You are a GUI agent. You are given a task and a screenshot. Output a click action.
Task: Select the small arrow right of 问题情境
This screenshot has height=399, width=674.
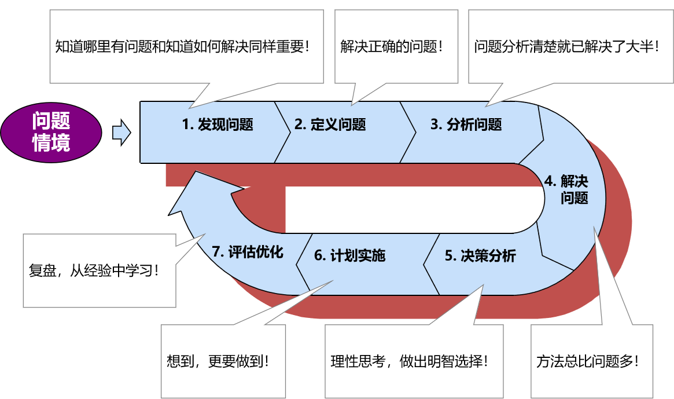[x=121, y=133]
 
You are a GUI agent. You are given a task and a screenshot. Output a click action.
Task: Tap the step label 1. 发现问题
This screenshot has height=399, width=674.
[x=218, y=125]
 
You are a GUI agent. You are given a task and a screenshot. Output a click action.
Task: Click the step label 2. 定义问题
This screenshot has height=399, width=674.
[x=330, y=125]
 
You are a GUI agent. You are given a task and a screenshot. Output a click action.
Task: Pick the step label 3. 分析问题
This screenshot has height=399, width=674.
[x=466, y=125]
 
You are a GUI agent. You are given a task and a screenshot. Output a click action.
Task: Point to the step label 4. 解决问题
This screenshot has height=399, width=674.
[x=567, y=189]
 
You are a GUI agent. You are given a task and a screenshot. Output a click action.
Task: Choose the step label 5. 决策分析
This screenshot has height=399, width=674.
[x=480, y=256]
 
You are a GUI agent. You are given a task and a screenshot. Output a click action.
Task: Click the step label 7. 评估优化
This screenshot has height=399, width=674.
[x=248, y=252]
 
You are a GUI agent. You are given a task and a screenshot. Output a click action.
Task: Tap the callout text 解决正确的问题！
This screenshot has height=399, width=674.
[x=392, y=47]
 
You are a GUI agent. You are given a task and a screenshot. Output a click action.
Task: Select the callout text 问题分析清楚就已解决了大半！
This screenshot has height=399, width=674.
[x=566, y=47]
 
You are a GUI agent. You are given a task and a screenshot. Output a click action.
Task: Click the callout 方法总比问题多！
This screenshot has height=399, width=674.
[x=588, y=362]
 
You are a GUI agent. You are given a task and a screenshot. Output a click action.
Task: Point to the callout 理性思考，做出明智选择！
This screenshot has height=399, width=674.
[x=409, y=362]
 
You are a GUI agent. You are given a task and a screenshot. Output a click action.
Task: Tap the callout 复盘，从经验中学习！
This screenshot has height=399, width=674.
[x=94, y=270]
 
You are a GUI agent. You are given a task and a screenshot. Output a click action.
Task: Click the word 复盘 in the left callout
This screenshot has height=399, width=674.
[x=42, y=270]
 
